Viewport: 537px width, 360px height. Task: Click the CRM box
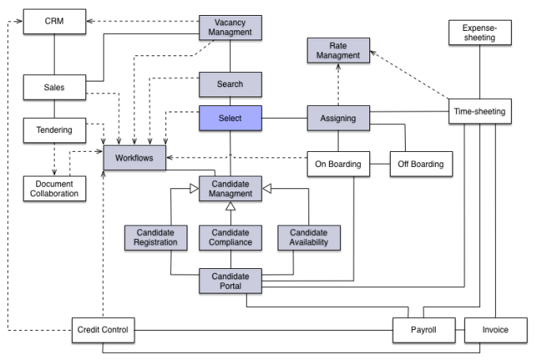pos(54,20)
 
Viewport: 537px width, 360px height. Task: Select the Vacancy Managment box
pos(229,28)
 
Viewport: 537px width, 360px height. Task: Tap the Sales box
pos(54,87)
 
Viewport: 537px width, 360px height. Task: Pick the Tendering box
pos(54,128)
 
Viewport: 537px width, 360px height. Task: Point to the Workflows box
pos(134,158)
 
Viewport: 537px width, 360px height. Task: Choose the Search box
pos(229,84)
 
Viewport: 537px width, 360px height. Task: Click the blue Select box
pos(229,119)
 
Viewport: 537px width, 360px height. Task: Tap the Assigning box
pos(338,119)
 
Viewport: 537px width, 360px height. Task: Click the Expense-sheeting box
pos(480,33)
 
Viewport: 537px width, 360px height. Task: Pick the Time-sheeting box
pos(480,112)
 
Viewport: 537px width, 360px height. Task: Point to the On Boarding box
pos(338,165)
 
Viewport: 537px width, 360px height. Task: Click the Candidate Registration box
pos(156,237)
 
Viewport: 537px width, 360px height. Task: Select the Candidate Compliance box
pos(229,237)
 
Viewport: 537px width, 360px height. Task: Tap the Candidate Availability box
pos(308,237)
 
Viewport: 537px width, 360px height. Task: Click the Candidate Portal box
pos(229,280)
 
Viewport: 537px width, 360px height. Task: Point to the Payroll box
pos(424,328)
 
